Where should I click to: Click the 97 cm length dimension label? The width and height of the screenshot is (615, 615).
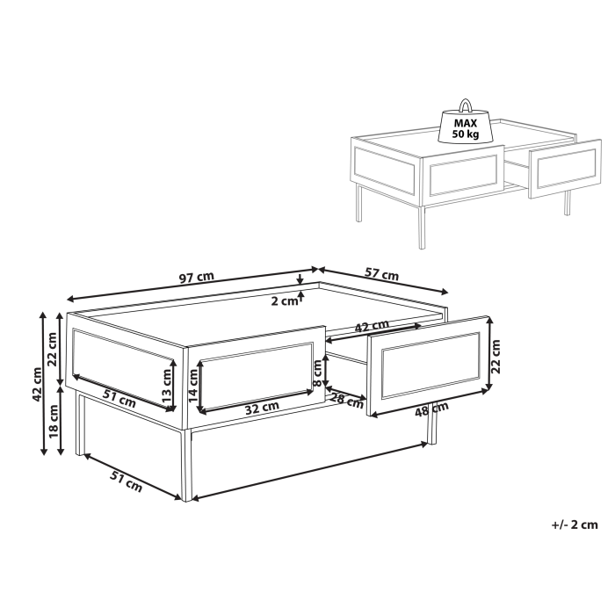197,278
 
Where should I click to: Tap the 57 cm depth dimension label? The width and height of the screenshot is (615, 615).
382,274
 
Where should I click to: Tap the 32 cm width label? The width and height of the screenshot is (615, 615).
261,407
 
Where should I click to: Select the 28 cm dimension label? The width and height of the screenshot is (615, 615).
347,402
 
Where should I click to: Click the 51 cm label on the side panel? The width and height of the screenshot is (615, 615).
119,398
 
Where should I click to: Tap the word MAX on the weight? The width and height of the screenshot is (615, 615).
465,123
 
